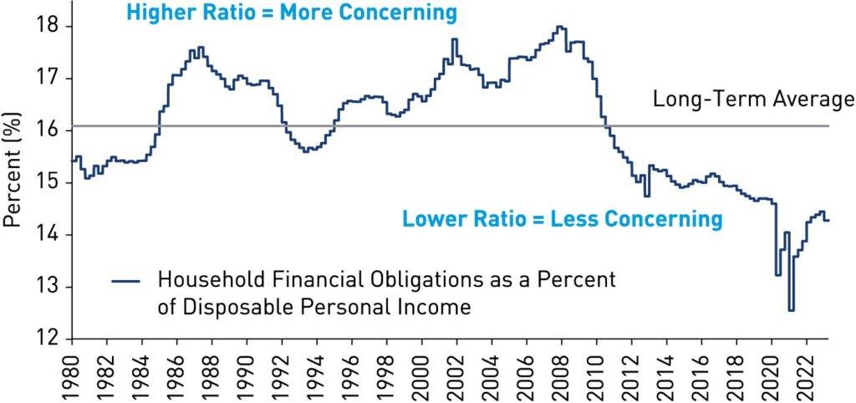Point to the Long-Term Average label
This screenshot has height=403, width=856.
click(x=752, y=100)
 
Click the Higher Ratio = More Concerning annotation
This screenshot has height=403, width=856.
click(x=292, y=13)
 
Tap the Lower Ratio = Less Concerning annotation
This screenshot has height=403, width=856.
click(x=562, y=220)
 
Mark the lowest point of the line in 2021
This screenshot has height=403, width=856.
click(x=791, y=310)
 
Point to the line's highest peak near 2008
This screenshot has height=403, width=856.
click(x=560, y=27)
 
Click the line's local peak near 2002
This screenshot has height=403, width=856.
click(x=454, y=39)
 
